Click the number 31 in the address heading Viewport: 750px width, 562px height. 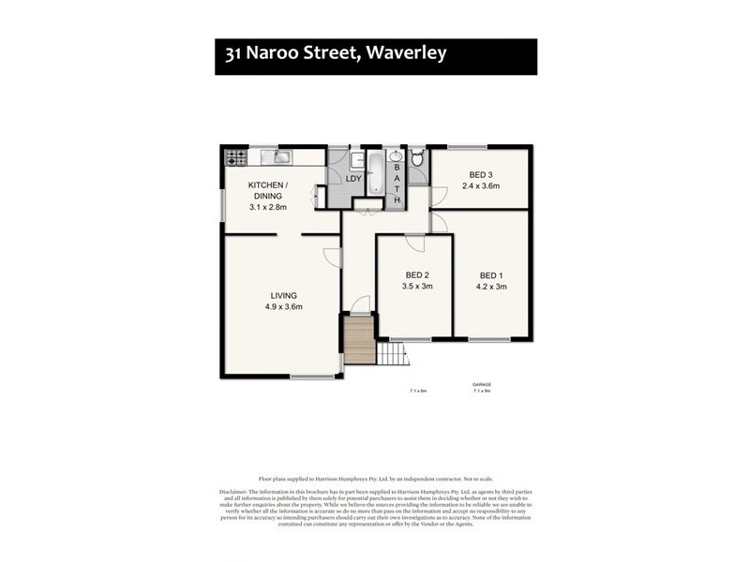[235, 53]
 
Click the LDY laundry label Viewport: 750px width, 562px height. [353, 178]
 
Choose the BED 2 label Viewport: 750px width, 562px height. [416, 274]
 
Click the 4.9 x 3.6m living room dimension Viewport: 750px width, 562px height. [281, 306]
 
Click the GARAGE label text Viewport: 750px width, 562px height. [482, 385]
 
